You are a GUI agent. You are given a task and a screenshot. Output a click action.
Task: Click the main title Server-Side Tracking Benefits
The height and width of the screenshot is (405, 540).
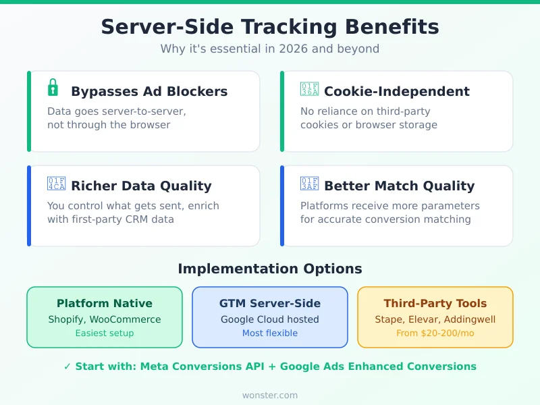click(x=270, y=27)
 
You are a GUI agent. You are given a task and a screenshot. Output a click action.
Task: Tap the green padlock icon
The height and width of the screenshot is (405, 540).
click(x=53, y=88)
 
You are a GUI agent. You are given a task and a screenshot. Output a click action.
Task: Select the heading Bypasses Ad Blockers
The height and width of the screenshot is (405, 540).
click(x=149, y=91)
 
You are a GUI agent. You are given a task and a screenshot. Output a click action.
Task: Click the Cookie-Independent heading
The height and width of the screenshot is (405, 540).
click(x=397, y=91)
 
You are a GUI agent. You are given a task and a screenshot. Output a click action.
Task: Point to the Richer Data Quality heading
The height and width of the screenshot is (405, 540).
click(x=141, y=186)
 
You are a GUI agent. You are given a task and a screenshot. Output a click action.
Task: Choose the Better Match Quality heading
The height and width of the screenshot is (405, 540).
click(x=399, y=186)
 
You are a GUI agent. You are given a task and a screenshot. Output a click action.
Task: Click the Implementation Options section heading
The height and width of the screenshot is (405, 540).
click(x=270, y=269)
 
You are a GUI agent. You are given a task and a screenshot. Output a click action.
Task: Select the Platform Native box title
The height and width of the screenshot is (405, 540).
click(x=105, y=304)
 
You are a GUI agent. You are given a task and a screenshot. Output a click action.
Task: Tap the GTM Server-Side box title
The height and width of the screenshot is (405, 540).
click(x=270, y=304)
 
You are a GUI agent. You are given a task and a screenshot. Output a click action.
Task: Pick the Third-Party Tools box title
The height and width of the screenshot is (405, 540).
click(x=435, y=304)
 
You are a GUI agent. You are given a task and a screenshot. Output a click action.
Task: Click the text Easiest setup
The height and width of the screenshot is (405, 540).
click(x=105, y=333)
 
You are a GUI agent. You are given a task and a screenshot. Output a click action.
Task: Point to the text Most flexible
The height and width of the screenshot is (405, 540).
click(x=270, y=333)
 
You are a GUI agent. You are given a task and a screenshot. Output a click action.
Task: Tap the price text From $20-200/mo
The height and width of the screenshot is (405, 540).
click(x=435, y=333)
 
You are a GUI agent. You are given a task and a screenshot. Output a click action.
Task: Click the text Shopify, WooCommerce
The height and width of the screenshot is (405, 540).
click(x=105, y=319)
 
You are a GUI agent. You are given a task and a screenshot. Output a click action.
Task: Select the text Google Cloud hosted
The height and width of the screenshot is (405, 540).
click(x=270, y=319)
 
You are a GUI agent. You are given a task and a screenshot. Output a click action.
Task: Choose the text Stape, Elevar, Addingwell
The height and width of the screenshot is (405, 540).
click(x=435, y=319)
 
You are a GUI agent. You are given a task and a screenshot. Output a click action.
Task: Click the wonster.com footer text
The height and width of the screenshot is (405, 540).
click(x=270, y=395)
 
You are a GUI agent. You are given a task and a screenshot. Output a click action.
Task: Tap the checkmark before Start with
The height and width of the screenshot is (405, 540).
click(x=67, y=367)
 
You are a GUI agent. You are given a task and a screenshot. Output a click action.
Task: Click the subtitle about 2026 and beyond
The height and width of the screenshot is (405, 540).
click(x=270, y=49)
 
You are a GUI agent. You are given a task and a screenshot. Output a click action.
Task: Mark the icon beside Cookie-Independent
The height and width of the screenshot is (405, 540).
click(x=309, y=90)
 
